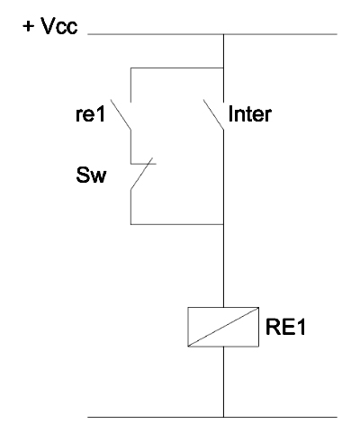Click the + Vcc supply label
[x=50, y=26]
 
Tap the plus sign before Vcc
[x=29, y=26]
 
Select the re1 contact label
[x=90, y=114]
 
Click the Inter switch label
[x=250, y=114]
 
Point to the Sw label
[x=91, y=175]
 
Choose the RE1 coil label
[x=285, y=327]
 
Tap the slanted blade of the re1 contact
[x=121, y=115]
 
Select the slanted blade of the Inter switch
[x=213, y=115]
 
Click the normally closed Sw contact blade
[x=141, y=174]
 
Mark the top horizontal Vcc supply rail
[x=212, y=34]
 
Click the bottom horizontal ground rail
[x=212, y=417]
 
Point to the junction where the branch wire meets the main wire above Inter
[x=223, y=68]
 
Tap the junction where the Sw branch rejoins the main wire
[x=223, y=224]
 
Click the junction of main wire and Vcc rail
[x=223, y=34]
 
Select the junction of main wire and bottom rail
[x=223, y=417]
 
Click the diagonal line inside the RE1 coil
[x=223, y=327]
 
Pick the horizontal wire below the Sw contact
[x=177, y=224]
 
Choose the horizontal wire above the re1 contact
[x=177, y=68]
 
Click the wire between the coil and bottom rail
[x=223, y=382]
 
